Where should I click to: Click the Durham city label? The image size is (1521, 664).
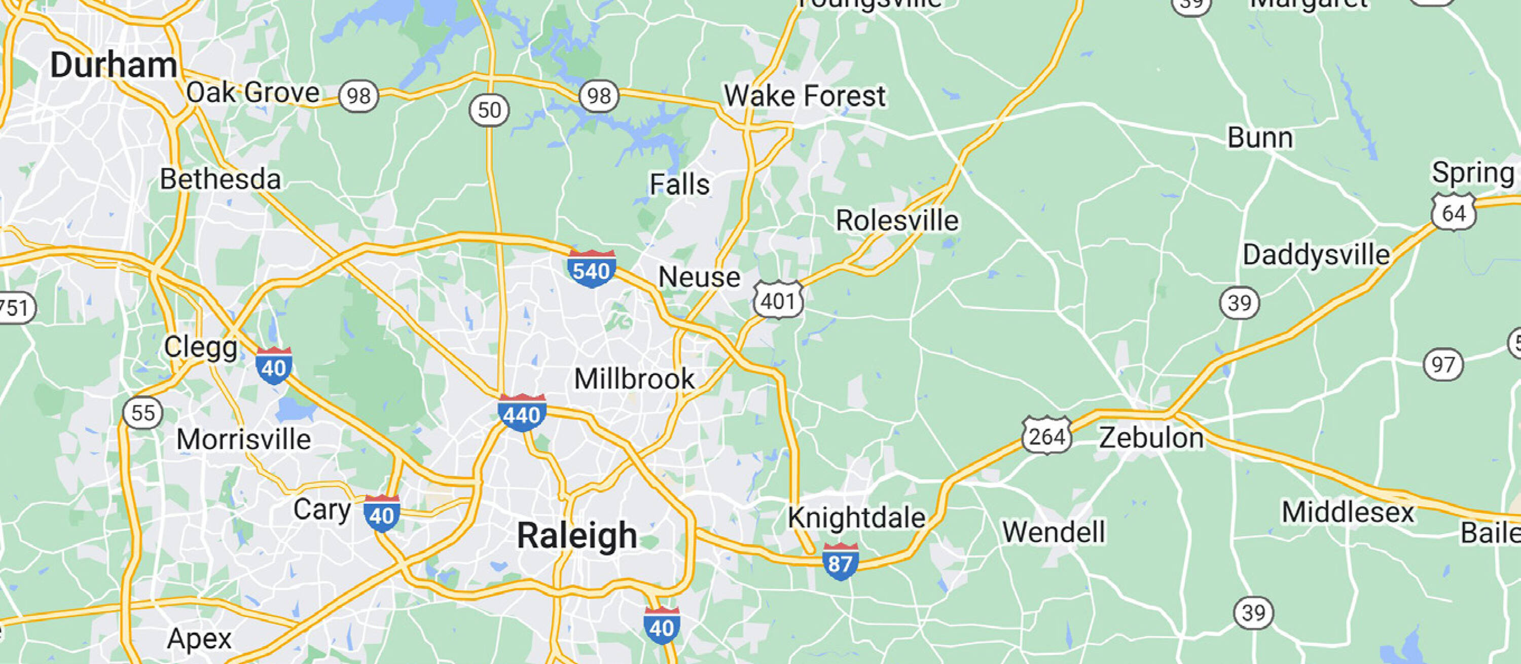coord(114,65)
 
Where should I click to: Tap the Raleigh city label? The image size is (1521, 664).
coord(577,536)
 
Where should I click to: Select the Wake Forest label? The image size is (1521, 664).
coord(805,96)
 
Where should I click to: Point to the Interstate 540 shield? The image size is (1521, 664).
coord(591,270)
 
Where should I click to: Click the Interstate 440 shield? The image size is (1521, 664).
coord(521,414)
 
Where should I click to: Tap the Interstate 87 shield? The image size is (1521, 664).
coord(840,563)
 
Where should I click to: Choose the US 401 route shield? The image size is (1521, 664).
coord(778,301)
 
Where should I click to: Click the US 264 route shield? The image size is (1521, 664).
coord(1046,437)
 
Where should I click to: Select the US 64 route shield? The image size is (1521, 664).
coord(1453,212)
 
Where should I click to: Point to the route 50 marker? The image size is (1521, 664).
coord(489,110)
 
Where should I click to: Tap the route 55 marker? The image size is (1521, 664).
coord(142,413)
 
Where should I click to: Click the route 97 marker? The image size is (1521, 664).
coord(1443,365)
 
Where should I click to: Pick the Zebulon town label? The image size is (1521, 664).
coord(1151,438)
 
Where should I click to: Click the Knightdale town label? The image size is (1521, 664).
coord(856,518)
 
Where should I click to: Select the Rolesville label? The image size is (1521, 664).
coord(897,222)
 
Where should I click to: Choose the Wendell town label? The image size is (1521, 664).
coord(1054,532)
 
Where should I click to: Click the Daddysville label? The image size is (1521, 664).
coord(1316,255)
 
